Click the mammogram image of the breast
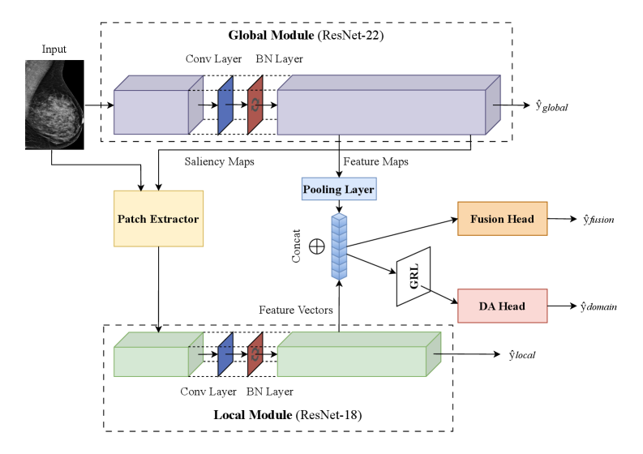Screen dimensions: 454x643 54,105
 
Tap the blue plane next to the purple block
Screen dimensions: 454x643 225,105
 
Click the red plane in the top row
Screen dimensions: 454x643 255,105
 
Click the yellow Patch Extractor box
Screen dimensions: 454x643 158,219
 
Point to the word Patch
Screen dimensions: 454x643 132,219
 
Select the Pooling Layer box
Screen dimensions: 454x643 338,190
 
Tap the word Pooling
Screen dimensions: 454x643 321,190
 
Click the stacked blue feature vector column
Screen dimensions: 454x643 339,246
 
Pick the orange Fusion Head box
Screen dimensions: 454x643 502,219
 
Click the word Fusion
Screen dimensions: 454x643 487,219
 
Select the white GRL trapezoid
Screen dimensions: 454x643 414,277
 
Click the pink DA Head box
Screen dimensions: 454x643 502,306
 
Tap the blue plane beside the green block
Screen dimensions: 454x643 225,354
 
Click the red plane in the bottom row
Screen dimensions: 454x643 255,354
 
